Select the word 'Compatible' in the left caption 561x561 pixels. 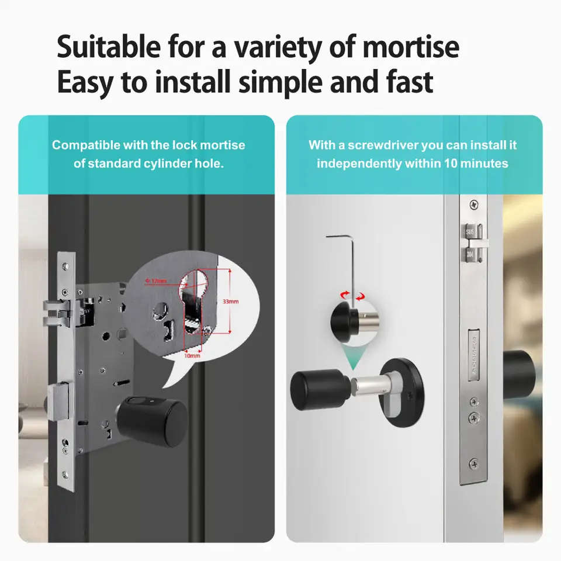[x=85, y=145]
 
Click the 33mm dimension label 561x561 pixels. [x=230, y=302]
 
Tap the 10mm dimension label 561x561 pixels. [x=192, y=355]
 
